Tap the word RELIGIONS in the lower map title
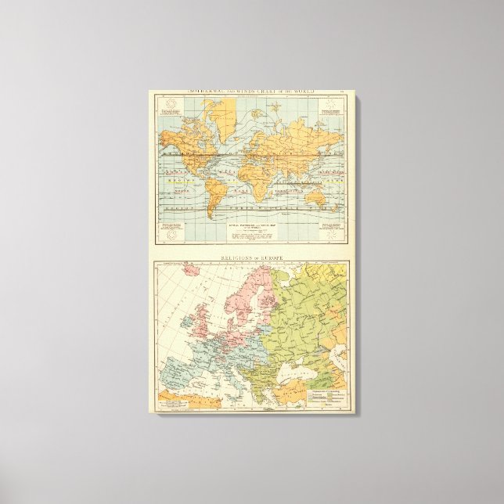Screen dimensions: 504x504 click(234, 256)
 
